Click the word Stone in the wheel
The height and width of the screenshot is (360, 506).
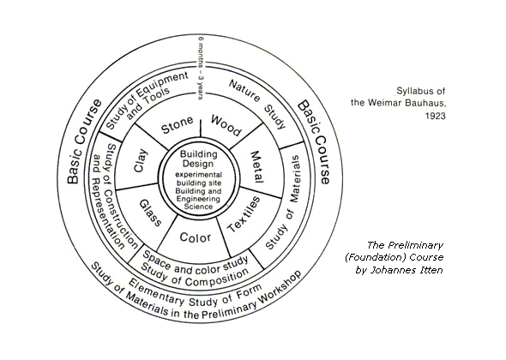178,125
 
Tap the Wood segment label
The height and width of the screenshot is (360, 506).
226,125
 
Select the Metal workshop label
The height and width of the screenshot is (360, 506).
257,167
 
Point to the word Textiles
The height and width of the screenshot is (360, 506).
244,214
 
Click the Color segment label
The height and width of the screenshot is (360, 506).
196,237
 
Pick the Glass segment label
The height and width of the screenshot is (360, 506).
150,213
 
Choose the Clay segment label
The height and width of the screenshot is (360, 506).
141,160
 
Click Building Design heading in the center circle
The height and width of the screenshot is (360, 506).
198,159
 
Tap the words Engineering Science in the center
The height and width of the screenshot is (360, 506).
198,203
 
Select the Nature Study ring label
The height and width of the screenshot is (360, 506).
258,104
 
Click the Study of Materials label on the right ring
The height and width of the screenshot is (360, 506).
284,202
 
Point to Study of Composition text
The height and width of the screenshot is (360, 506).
195,277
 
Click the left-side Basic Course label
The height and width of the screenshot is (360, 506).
83,141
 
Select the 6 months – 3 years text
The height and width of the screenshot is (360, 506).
201,68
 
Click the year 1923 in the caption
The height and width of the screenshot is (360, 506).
435,116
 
